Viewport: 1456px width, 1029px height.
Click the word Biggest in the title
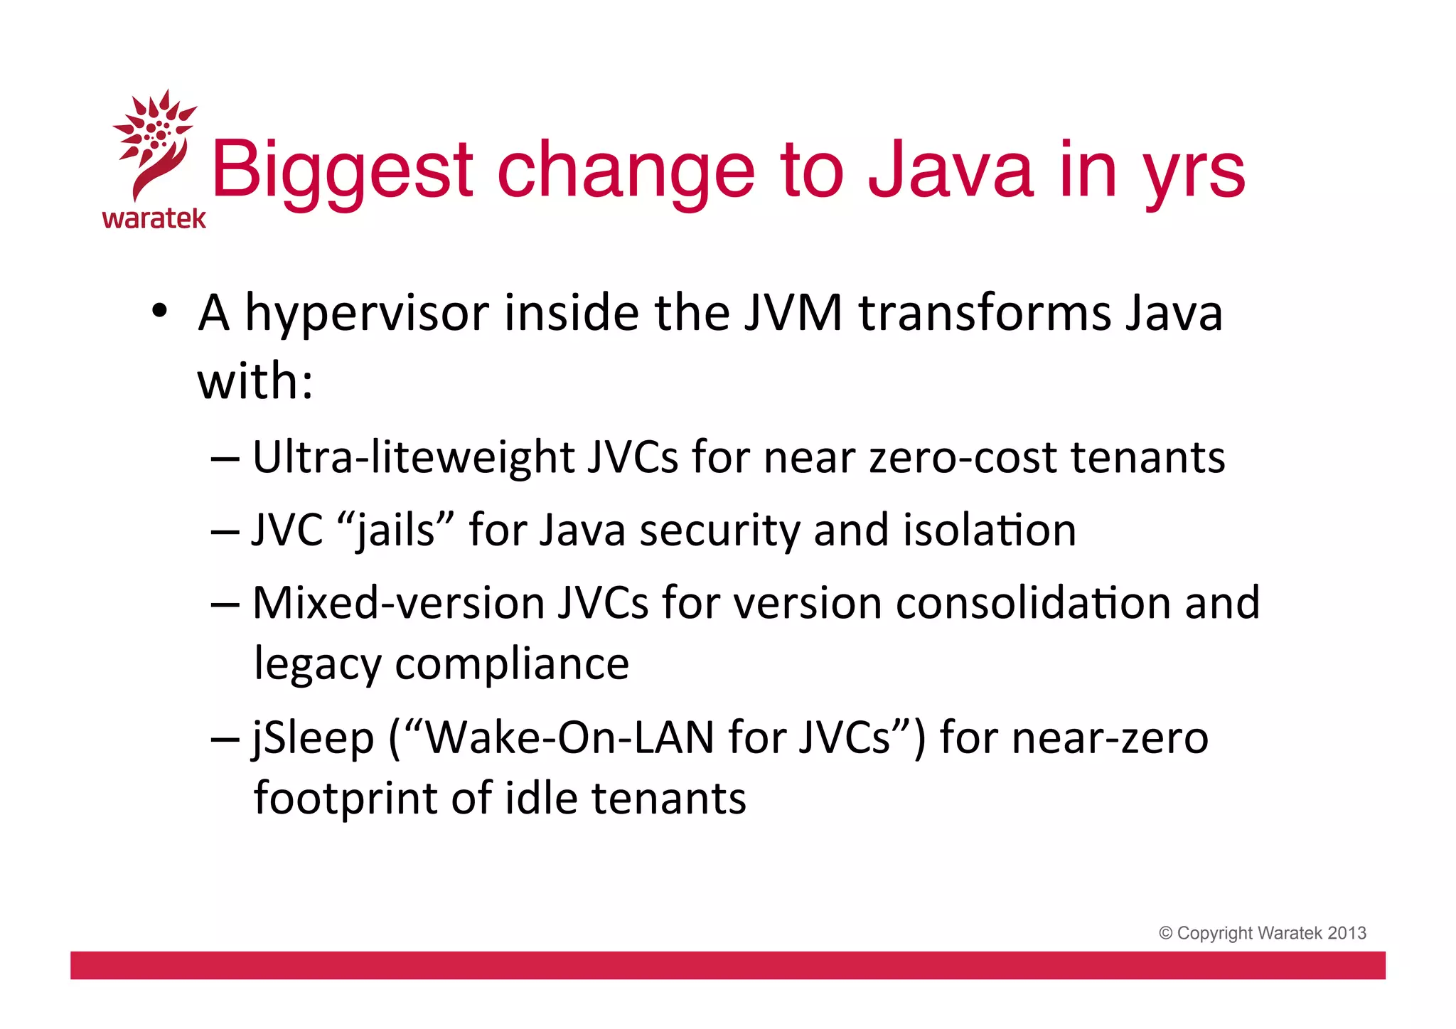coord(342,171)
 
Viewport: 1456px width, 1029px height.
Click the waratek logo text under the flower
coord(154,218)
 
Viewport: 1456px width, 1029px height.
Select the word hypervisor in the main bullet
coord(367,314)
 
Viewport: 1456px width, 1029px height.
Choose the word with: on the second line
coord(255,381)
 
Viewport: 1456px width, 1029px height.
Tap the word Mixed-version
coord(399,603)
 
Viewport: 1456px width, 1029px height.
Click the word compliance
coord(512,664)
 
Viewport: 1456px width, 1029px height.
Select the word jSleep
coord(313,738)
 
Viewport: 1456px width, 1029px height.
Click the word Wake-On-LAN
coord(569,738)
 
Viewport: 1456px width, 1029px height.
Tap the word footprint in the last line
coord(345,799)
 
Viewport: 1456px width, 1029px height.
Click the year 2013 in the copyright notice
coord(1347,933)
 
